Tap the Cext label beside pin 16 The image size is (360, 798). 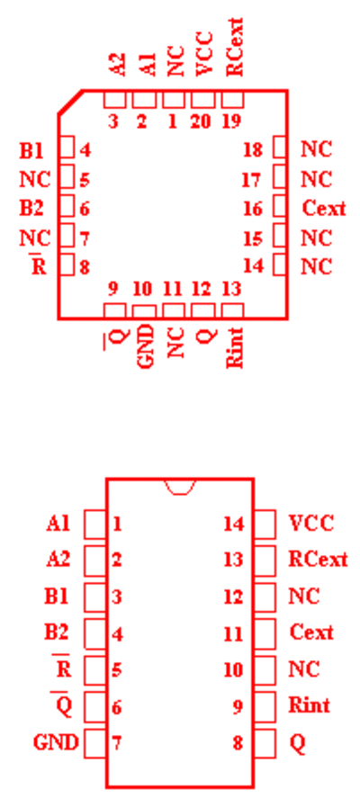pos(324,208)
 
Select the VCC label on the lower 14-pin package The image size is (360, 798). pos(310,523)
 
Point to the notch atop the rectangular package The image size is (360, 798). pos(180,487)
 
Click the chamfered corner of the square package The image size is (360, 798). pos(71,103)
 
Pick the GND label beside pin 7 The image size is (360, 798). pos(56,742)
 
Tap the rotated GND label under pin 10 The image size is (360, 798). pos(145,346)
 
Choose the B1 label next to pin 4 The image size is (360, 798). pos(31,150)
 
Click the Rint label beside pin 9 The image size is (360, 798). pos(309,705)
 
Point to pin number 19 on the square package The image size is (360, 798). pos(231,122)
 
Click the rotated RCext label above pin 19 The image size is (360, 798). pos(235,47)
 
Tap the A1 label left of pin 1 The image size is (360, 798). pos(58,525)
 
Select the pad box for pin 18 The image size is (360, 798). pos(280,148)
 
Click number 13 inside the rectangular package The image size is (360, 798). pos(234,560)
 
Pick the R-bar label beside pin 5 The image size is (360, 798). pos(63,667)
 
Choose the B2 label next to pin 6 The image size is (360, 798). pos(31,209)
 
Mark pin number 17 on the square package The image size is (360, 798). pos(251,180)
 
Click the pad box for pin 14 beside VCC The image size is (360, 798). pos(265,525)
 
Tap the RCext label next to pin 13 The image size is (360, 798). pos(318,560)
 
